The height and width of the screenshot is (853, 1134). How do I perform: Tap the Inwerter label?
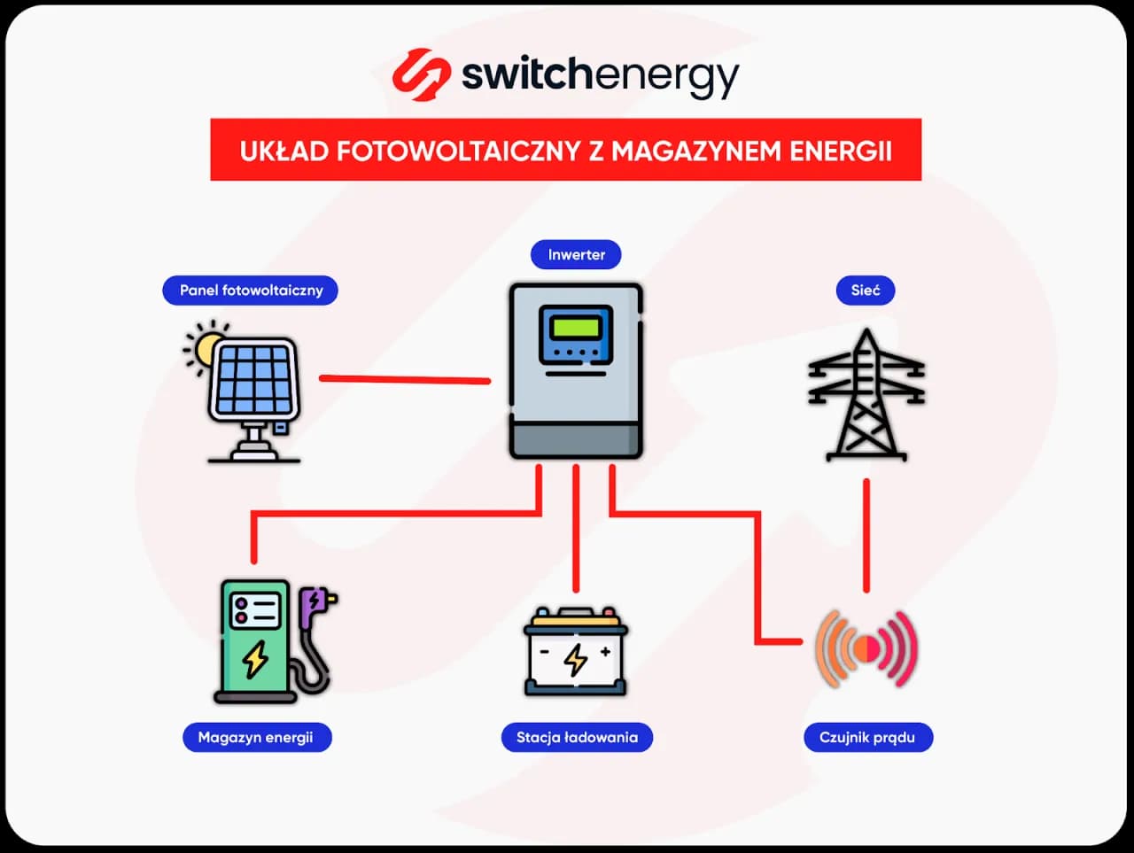pos(576,255)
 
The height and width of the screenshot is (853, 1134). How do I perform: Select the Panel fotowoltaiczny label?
pos(251,291)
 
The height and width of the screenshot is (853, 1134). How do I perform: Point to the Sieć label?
pos(866,291)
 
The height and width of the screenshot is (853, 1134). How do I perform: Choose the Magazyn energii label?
pos(256,737)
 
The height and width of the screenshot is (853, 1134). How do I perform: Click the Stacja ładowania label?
pos(577,737)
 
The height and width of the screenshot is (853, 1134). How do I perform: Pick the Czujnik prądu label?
pos(867,737)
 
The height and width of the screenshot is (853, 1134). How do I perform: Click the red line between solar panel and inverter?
pos(404,379)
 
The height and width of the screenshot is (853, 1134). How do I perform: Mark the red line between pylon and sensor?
pos(866,536)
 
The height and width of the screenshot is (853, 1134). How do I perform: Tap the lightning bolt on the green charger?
pos(256,658)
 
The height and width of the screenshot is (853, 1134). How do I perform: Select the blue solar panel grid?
pos(254,379)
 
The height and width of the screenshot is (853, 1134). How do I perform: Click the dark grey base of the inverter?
pos(576,439)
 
